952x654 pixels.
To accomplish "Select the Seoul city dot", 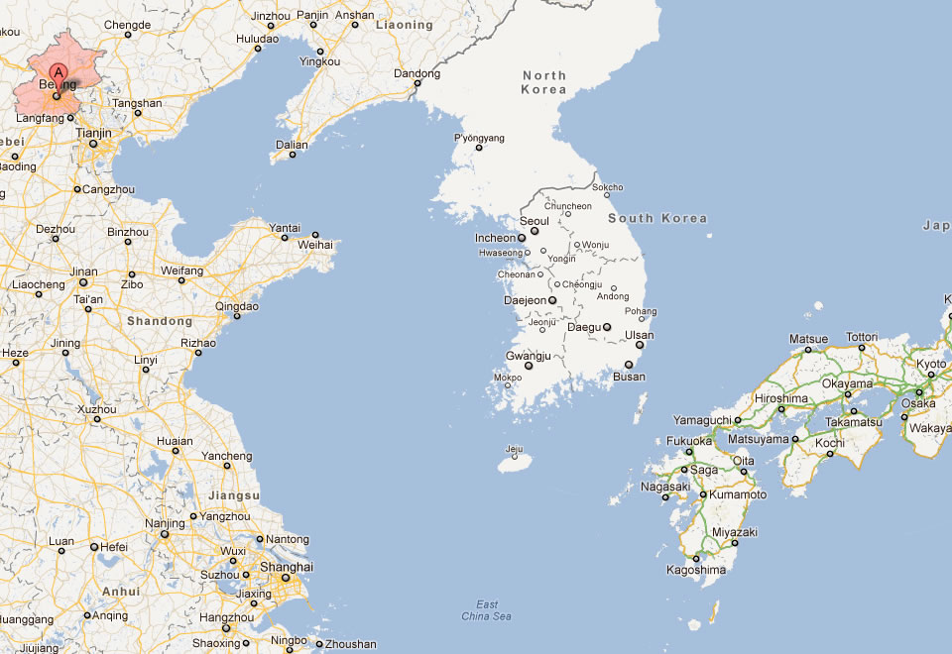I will coord(535,231).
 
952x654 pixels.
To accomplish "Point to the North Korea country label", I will coord(543,82).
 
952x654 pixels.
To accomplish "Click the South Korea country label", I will coord(657,218).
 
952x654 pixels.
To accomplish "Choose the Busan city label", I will coord(629,377).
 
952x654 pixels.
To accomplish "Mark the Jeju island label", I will coord(513,449).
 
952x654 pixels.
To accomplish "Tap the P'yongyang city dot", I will coord(479,149).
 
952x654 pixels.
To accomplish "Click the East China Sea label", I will coord(486,610).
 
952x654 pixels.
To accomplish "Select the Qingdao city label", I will coord(237,306).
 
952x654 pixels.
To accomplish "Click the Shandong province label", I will coord(159,321).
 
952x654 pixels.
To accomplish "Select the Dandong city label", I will coord(416,73).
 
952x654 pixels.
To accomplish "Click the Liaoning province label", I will coord(405,25).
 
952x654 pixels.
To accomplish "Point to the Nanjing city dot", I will coord(166,535).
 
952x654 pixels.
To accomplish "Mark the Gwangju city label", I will coord(528,355).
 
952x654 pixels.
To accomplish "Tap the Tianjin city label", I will coord(93,132).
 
